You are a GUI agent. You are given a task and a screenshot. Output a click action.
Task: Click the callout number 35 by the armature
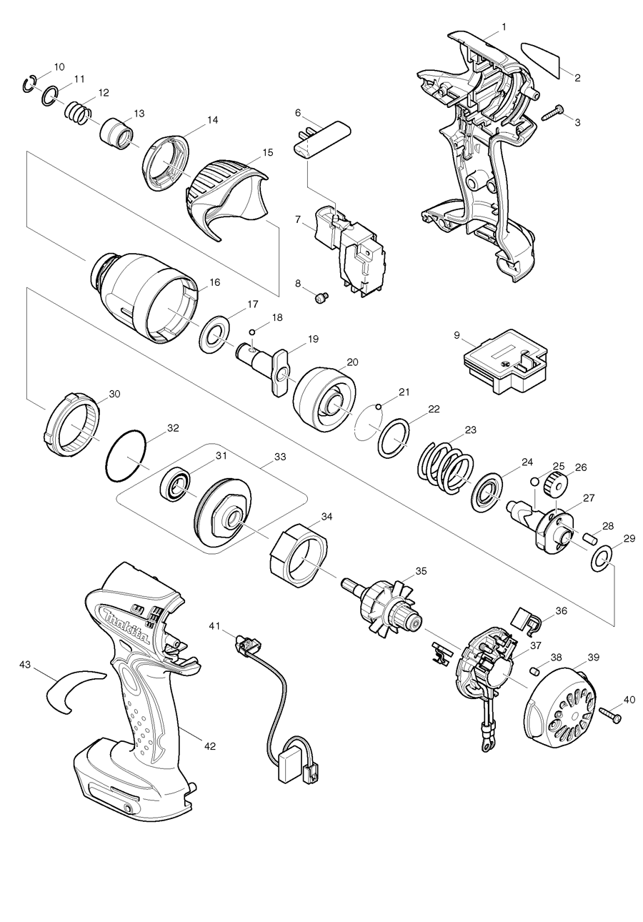[x=421, y=571]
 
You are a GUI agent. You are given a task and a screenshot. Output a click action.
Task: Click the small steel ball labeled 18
[x=252, y=331]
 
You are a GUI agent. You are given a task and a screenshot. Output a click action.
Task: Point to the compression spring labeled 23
[x=444, y=467]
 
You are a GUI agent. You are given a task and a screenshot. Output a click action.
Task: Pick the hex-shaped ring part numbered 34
[x=299, y=550]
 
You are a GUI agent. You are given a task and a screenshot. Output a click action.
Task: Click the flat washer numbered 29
[x=602, y=560]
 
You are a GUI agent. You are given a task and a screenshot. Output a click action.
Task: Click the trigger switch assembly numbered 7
[x=350, y=249]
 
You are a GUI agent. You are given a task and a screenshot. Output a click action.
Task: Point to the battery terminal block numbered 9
[x=504, y=363]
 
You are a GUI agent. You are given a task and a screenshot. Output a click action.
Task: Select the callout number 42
[x=209, y=745]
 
